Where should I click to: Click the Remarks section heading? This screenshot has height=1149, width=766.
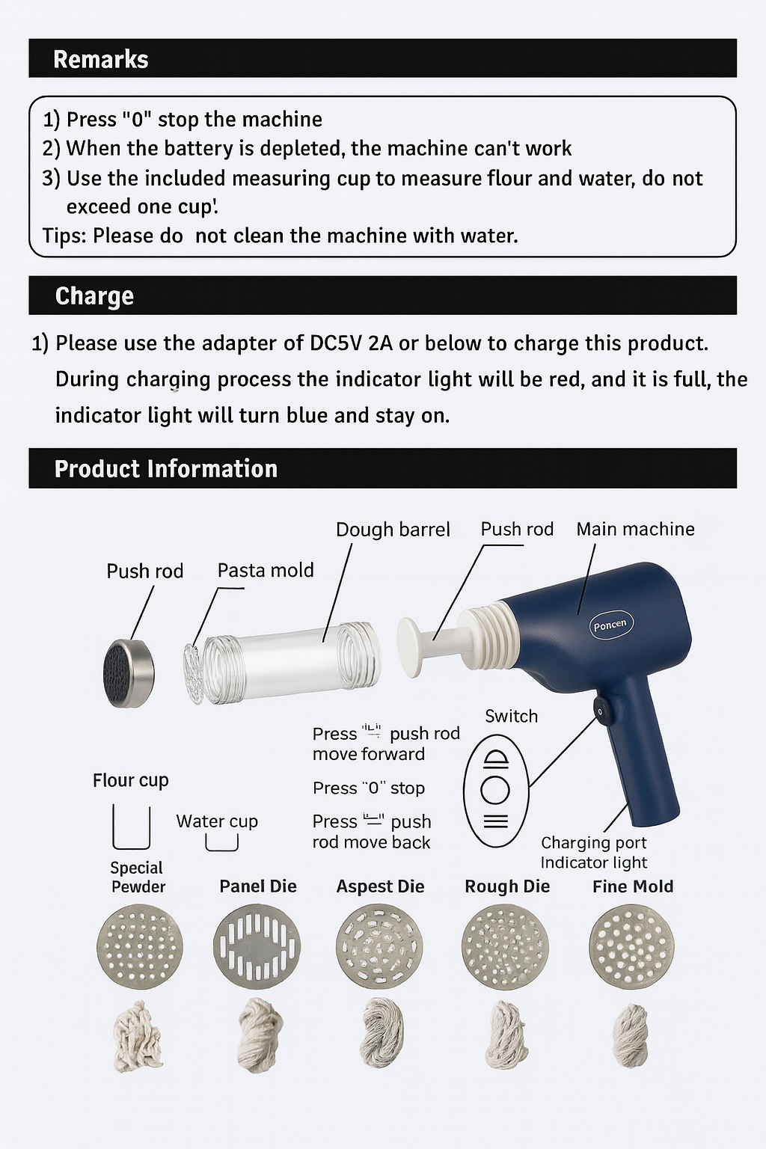100,59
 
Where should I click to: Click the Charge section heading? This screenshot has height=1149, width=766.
94,296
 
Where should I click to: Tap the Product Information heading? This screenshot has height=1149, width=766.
166,469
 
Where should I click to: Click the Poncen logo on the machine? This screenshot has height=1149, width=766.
610,625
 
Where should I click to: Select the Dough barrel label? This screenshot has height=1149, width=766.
393,530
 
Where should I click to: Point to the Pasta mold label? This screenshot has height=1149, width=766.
266,570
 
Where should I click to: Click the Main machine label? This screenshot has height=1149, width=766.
635,529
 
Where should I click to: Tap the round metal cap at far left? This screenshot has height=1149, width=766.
129,673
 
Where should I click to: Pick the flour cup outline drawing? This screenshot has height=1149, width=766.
132,827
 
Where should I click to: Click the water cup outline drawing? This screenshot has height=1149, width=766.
221,842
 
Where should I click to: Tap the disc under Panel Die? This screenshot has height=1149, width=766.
257,946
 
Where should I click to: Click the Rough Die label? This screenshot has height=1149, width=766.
507,886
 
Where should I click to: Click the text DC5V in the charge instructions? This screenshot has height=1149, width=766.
337,343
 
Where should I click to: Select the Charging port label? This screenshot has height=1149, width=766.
594,842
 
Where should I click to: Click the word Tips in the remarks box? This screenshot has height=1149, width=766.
64,236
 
